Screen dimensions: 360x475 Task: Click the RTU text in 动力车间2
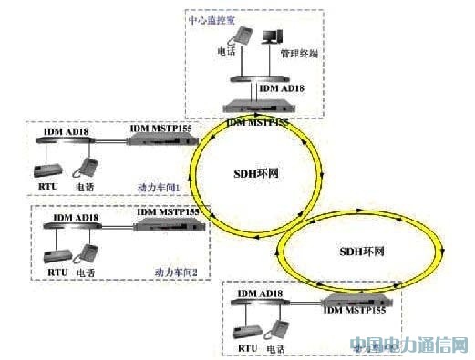coord(52,272)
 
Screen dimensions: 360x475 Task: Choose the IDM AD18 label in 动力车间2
coord(76,218)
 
